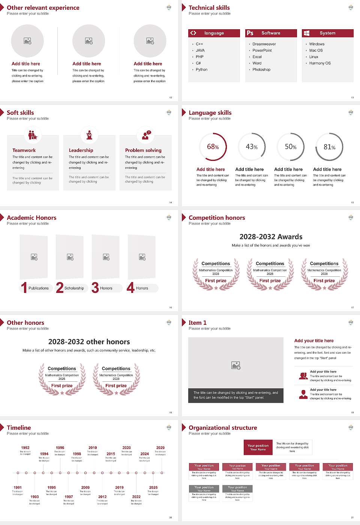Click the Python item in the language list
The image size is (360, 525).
click(x=201, y=70)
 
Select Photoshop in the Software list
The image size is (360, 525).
click(x=261, y=70)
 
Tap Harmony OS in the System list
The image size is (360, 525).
click(x=320, y=63)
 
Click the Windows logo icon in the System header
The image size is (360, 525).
click(x=306, y=33)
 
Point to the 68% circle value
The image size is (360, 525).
click(x=213, y=147)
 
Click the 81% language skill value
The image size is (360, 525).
click(x=329, y=147)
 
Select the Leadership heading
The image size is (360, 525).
click(x=81, y=150)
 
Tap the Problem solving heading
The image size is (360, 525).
click(x=143, y=150)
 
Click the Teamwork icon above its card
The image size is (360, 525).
click(x=33, y=135)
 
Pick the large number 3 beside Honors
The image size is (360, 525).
click(x=95, y=288)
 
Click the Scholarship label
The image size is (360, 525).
click(x=74, y=288)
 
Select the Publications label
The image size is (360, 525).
click(x=39, y=288)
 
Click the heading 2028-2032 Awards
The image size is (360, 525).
click(x=271, y=237)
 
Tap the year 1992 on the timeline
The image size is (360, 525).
click(x=25, y=448)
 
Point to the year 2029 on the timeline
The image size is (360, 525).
click(x=160, y=448)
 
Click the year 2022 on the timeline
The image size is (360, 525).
click(x=136, y=497)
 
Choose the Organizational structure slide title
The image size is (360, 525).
click(x=223, y=428)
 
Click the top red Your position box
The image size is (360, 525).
click(x=258, y=447)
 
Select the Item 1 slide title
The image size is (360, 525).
click(x=198, y=323)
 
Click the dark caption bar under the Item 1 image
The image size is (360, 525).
click(x=235, y=395)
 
